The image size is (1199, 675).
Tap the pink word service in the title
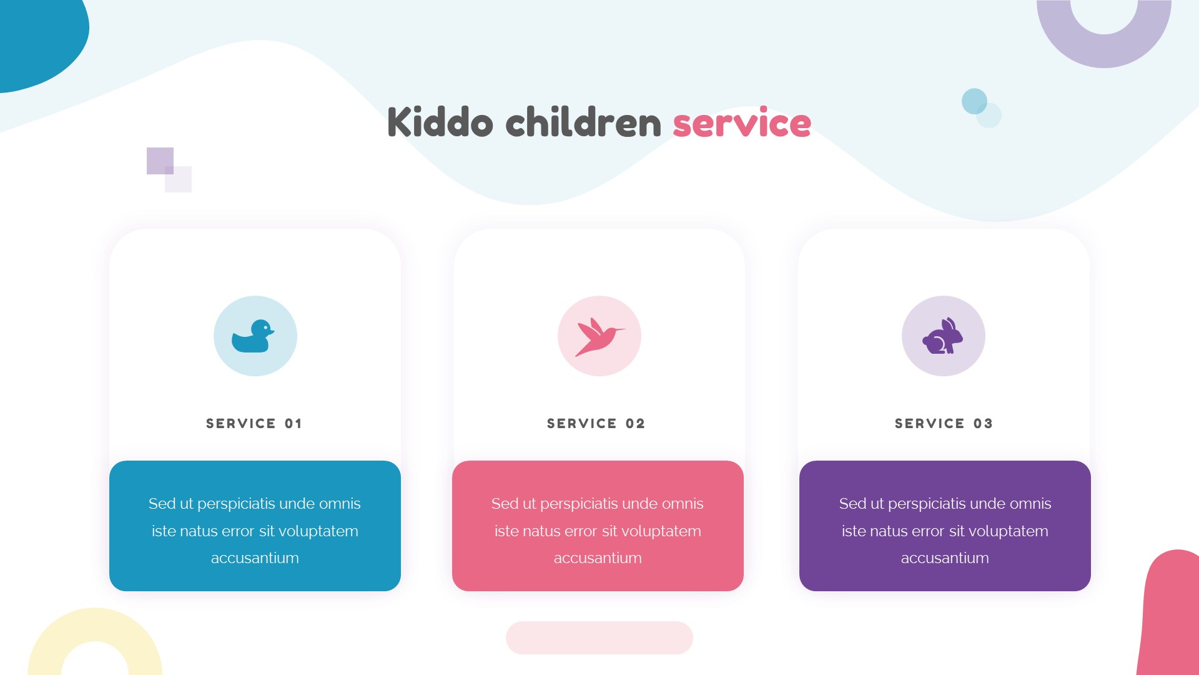742,122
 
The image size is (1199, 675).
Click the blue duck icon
253,336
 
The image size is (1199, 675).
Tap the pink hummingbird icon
599,336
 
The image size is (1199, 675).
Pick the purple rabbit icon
943,336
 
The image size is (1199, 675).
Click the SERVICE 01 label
254,424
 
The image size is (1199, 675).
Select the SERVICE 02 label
596,424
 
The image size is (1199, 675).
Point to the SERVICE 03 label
944,424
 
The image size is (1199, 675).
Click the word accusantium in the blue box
255,558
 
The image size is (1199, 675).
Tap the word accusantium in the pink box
598,558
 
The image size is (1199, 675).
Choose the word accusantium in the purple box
945,558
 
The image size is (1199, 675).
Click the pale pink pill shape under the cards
599,637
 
